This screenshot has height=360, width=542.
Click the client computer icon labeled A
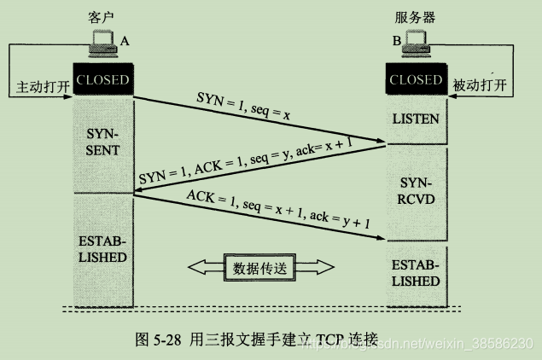point(102,45)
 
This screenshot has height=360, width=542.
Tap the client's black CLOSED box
point(102,80)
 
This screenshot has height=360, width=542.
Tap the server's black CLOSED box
point(416,80)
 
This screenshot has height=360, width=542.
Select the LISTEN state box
point(416,119)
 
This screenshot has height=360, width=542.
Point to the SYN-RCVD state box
point(416,191)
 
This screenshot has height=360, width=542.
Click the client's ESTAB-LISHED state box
point(102,247)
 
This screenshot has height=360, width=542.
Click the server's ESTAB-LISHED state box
point(416,272)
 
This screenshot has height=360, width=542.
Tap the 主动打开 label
point(38,87)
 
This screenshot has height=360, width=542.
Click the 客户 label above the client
point(101,17)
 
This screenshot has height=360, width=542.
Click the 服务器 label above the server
point(416,17)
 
